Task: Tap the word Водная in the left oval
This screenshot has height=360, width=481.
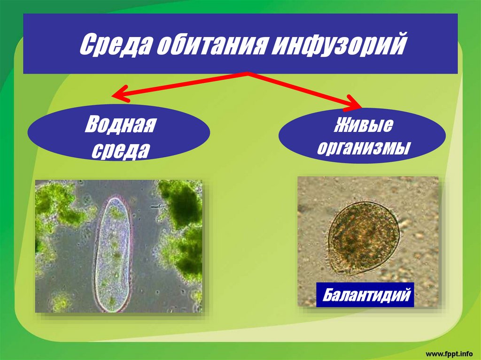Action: coord(120,126)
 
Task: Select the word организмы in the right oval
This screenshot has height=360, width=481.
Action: coord(363,149)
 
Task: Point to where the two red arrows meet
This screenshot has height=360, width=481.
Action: coord(247,74)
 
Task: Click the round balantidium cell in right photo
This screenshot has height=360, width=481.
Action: coord(364,237)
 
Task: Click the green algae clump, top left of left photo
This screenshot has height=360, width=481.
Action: coord(56,202)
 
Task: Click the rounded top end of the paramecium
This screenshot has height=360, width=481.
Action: coord(115,202)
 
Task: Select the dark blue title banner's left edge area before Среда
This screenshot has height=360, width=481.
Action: coord(47,45)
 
